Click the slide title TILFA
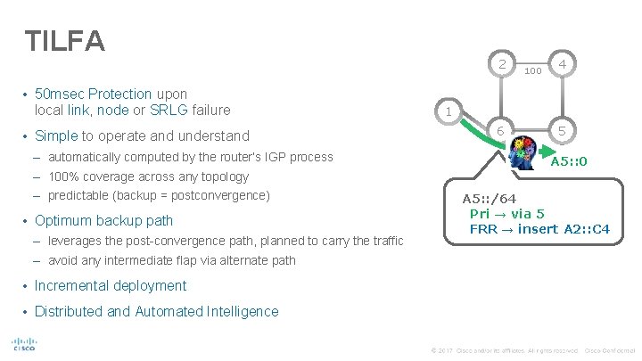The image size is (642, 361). pos(66,40)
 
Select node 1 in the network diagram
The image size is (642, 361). pos(449,111)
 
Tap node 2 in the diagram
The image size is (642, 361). pos(504,64)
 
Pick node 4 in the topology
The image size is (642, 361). pos(563,64)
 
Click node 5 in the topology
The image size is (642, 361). pos(563,131)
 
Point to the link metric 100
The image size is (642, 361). pos(533,69)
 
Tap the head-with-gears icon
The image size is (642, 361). pos(523,153)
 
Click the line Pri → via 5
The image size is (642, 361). pos(507,213)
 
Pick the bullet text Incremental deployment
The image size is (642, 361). pos(111,286)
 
